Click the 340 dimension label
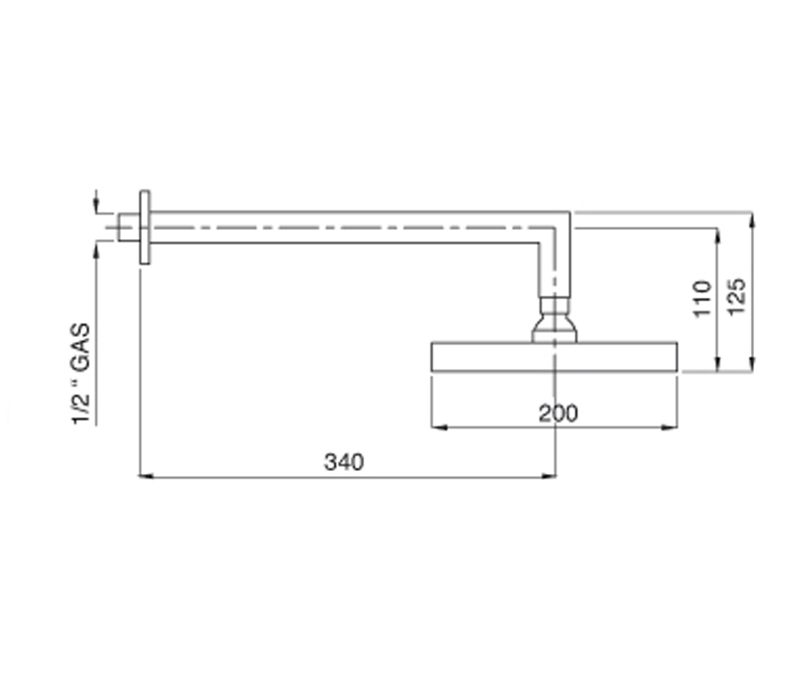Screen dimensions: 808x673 point(343,462)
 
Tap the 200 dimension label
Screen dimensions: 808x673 point(558,413)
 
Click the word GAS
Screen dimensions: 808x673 point(80,347)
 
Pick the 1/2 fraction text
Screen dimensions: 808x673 point(81,410)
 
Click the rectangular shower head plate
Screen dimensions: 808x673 point(554,357)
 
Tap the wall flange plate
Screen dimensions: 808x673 point(144,227)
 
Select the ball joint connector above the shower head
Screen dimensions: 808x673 point(554,320)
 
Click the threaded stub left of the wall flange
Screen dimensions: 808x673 point(129,227)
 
